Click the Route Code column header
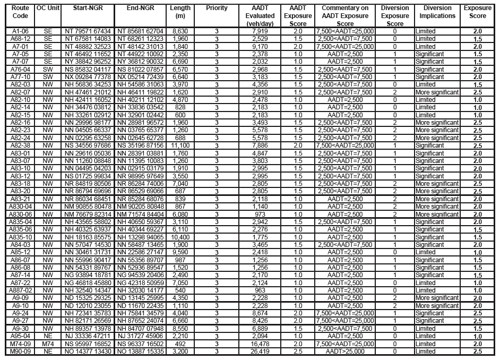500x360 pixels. tap(20, 12)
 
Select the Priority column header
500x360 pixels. tap(217, 8)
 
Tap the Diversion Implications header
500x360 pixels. tap(437, 12)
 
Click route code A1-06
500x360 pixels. tap(20, 32)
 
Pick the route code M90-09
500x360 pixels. tap(20, 351)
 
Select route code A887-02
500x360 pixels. tap(20, 290)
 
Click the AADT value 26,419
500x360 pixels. tap(264, 351)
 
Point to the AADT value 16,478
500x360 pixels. tap(264, 344)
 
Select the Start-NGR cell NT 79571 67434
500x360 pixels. tap(87, 32)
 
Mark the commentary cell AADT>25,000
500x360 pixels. tap(345, 351)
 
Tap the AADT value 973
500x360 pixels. tap(264, 214)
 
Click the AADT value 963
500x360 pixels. tap(264, 290)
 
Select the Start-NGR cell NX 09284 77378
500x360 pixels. tap(87, 77)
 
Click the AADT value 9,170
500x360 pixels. tap(264, 47)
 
